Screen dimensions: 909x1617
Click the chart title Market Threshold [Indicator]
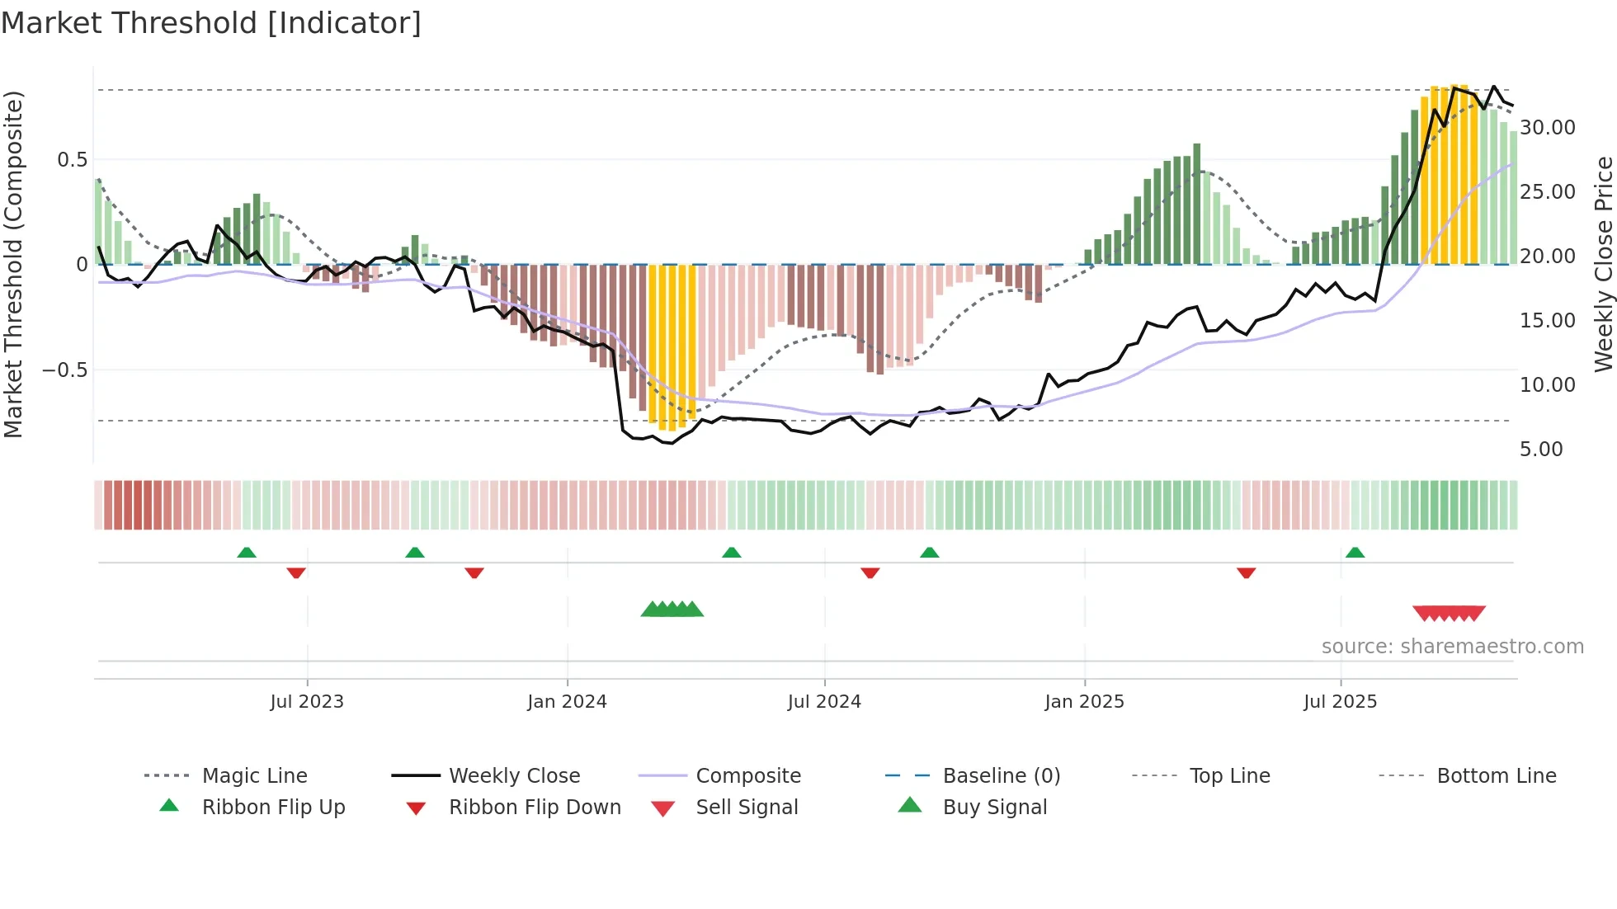pyautogui.click(x=211, y=23)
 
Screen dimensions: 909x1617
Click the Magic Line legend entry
pyautogui.click(x=254, y=775)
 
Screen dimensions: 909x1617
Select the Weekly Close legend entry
pyautogui.click(x=514, y=775)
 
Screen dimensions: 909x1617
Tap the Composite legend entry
pyautogui.click(x=747, y=775)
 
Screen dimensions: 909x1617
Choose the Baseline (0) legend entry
pyautogui.click(x=1001, y=775)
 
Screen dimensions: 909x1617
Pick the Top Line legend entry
pyautogui.click(x=1229, y=775)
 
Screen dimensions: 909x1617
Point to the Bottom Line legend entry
pyautogui.click(x=1496, y=775)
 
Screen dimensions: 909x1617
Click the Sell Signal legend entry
pyautogui.click(x=747, y=807)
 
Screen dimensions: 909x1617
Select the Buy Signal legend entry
pyautogui.click(x=994, y=807)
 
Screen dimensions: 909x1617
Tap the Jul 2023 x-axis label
pyautogui.click(x=307, y=701)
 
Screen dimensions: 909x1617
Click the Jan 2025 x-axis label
pyautogui.click(x=1084, y=701)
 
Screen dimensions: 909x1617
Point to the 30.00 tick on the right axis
pyautogui.click(x=1547, y=128)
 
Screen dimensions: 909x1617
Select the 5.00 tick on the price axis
pyautogui.click(x=1540, y=450)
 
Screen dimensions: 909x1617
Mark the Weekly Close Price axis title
pyautogui.click(x=1602, y=264)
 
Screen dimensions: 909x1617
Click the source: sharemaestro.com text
pyautogui.click(x=1452, y=647)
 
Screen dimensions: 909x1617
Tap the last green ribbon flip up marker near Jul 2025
pyautogui.click(x=1355, y=553)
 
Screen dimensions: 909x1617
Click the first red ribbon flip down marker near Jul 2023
pyautogui.click(x=296, y=572)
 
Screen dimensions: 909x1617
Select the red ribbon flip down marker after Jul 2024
pyautogui.click(x=870, y=572)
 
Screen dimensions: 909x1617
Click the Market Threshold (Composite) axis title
pyautogui.click(x=13, y=264)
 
